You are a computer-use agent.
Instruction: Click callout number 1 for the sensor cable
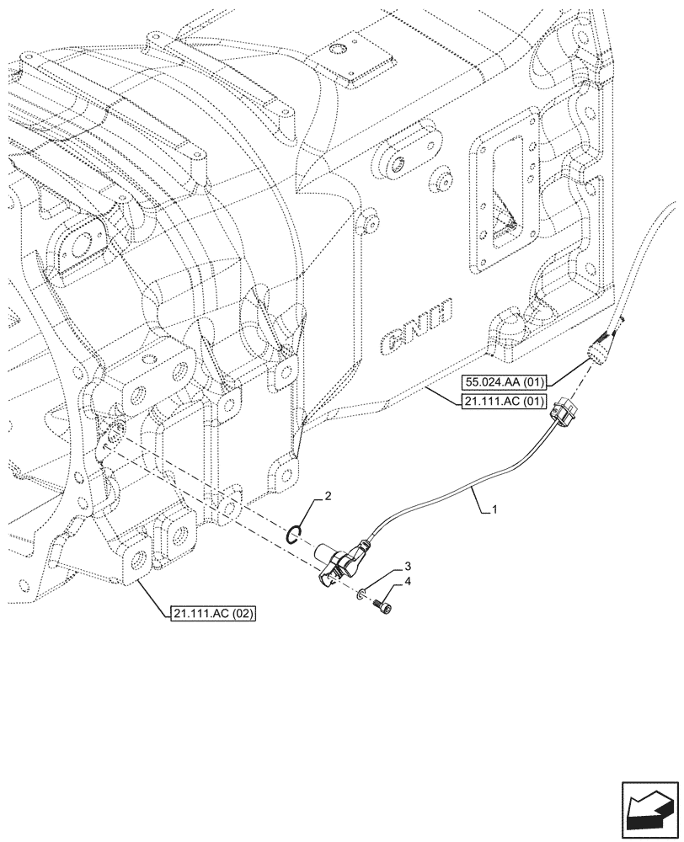[x=494, y=509]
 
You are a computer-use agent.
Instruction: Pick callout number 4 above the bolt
[x=384, y=580]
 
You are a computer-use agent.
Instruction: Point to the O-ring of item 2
[x=291, y=536]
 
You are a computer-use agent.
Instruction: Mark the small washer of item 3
[x=360, y=595]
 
